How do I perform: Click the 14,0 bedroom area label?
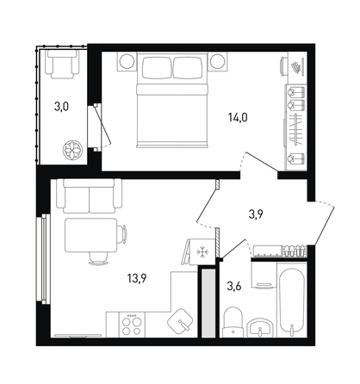tap(238, 118)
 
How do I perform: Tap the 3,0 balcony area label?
tap(61, 108)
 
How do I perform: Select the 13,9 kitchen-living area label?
tap(137, 278)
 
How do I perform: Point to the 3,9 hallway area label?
tap(257, 214)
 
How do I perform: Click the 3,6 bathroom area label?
tap(234, 287)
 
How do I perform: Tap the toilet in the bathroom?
tap(233, 322)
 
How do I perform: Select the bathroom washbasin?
tap(260, 327)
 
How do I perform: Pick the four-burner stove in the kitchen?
tap(132, 325)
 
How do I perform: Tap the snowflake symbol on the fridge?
tap(202, 252)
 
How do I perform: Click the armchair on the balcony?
tap(63, 64)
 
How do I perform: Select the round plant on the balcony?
tap(73, 150)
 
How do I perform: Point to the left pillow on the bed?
tap(157, 67)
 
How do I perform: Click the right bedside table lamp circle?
tap(217, 61)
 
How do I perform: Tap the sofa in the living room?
tap(90, 195)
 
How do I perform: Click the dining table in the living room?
tap(91, 235)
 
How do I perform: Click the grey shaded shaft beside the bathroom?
tap(208, 303)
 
